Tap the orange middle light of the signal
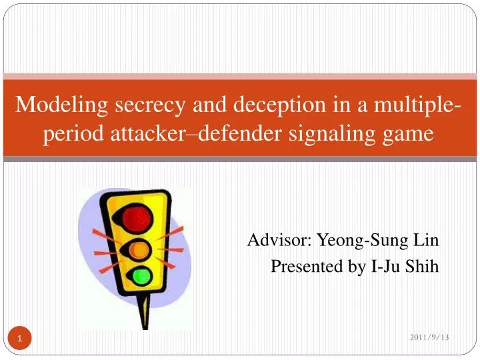(x=139, y=249)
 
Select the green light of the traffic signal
(x=141, y=275)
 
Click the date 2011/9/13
(x=429, y=338)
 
